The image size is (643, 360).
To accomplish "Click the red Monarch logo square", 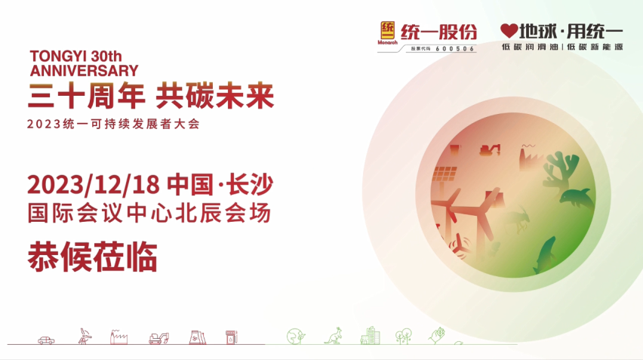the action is pos(387,30).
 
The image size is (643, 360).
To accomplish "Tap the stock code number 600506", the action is pos(455,49).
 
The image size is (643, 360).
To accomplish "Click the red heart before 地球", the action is pos(509,31).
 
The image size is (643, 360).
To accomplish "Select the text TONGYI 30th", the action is pos(76,56).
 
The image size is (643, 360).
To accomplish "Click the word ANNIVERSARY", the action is pos(84,70).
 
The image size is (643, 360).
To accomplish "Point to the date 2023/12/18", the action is pos(94,184).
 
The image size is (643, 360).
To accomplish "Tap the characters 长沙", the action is pos(250,184).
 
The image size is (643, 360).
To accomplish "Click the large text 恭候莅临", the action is pos(92,257).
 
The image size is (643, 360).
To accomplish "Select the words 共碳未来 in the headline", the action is pos(215,96).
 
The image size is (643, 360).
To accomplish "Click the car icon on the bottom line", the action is pos(46,340).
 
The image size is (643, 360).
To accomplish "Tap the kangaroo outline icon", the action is pos(334,336).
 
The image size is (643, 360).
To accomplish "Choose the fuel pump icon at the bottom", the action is pos(231,337).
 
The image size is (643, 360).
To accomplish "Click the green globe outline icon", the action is pos(296,336).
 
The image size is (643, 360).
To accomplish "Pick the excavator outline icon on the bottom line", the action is pos(158,338).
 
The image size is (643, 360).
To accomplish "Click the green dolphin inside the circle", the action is pos(577,199).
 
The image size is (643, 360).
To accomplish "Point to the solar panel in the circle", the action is pos(445,174).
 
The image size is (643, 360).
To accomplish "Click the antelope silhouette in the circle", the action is pos(517,220).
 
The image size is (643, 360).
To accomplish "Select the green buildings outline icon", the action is pos(370,335).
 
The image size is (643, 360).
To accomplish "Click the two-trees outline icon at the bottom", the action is pos(404,336).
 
